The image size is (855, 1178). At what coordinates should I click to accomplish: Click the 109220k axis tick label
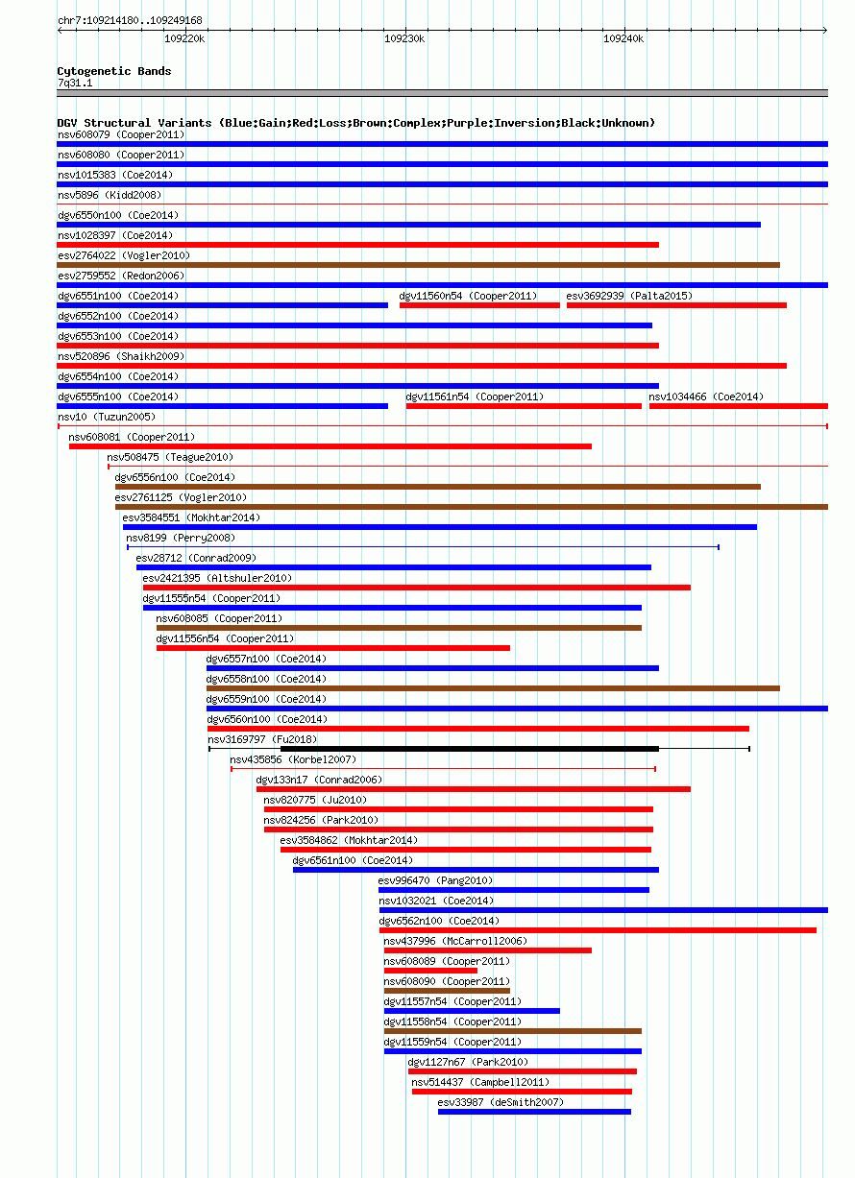[184, 39]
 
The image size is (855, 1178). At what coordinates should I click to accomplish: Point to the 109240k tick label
[623, 39]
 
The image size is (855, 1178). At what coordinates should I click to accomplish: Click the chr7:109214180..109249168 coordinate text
[130, 20]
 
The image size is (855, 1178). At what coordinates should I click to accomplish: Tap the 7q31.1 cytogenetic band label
[75, 84]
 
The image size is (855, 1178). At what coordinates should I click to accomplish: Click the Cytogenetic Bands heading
[114, 71]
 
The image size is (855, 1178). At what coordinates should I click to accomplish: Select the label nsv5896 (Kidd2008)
[110, 195]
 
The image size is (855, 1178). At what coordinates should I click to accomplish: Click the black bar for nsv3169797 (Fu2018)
[470, 748]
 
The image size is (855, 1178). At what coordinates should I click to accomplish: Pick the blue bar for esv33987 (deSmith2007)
[534, 1111]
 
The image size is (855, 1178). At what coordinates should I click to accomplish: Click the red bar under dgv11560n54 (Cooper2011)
[479, 305]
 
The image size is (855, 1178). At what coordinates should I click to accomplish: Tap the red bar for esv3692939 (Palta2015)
[676, 305]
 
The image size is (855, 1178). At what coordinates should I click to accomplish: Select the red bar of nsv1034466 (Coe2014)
[738, 406]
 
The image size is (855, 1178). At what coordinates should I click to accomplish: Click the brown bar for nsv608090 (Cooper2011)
[447, 990]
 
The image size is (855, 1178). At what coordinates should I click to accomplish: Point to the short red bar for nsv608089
[430, 971]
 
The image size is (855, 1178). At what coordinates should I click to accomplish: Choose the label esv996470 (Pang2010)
[435, 880]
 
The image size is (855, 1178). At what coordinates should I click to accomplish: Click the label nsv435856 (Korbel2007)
[293, 759]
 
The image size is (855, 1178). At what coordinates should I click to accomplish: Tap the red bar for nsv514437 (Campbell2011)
[522, 1092]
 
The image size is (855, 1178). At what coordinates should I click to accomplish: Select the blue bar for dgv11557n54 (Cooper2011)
[472, 1010]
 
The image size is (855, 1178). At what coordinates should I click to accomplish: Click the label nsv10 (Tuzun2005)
[107, 417]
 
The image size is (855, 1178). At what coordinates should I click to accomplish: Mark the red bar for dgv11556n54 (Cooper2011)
[333, 647]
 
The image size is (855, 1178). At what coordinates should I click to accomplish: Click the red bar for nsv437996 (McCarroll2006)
[488, 950]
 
